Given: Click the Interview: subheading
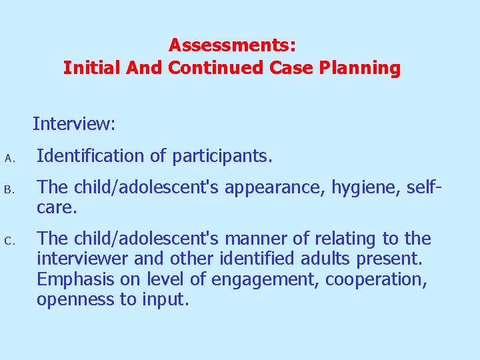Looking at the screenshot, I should click(74, 124).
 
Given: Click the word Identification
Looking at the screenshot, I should click(88, 157).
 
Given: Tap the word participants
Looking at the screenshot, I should click(222, 157).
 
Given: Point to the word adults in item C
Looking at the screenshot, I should click(303, 259).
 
